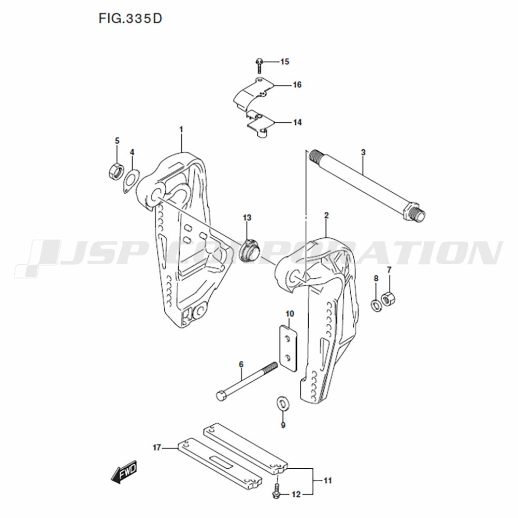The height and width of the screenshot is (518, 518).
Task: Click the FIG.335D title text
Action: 130,19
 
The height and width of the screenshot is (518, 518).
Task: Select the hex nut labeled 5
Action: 116,170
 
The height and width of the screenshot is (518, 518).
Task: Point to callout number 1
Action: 181,129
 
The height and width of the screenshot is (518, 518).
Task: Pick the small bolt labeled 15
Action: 259,66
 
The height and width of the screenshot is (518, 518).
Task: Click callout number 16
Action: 297,85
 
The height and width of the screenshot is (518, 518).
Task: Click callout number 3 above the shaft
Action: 364,152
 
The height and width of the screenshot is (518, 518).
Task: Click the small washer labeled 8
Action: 376,305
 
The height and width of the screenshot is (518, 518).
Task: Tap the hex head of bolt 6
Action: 222,395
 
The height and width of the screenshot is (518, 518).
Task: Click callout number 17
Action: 156,448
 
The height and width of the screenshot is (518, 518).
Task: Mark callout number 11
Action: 327,480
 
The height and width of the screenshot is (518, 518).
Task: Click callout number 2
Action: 326,215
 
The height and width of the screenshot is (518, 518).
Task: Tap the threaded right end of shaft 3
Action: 420,215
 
